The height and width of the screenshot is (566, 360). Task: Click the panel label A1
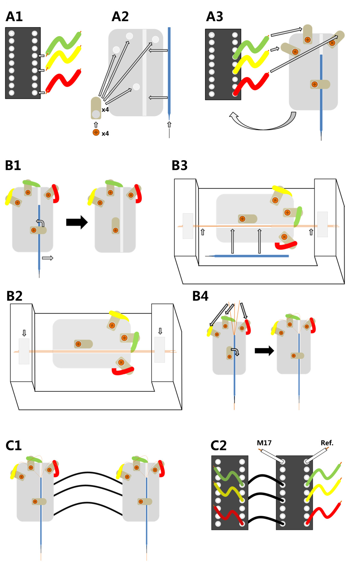[14, 17]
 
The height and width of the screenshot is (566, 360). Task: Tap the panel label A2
[120, 17]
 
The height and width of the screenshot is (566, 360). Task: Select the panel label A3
[214, 17]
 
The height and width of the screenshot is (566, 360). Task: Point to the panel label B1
[13, 165]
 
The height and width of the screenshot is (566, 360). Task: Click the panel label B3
[179, 165]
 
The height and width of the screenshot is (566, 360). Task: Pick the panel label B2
[14, 296]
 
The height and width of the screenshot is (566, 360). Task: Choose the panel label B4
[200, 296]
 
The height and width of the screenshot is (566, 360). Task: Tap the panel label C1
[13, 446]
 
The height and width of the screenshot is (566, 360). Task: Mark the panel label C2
[218, 446]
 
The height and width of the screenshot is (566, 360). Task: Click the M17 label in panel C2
[264, 443]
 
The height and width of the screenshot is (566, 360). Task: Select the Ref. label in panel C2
[327, 443]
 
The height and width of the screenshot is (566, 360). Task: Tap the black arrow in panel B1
[77, 222]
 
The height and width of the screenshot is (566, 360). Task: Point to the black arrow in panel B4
[264, 351]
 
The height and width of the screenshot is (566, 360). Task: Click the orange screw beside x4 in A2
[96, 132]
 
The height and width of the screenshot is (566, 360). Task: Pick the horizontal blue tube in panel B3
[247, 256]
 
